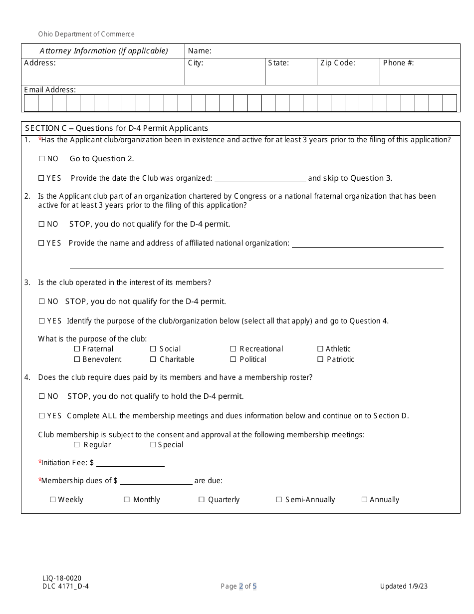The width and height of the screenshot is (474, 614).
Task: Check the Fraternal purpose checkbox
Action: tap(77, 349)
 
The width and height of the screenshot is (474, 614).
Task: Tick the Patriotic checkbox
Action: tap(320, 359)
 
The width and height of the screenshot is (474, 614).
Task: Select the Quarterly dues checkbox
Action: tap(202, 500)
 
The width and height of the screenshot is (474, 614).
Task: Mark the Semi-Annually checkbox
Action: tap(279, 500)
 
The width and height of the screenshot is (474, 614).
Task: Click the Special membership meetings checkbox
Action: tap(153, 445)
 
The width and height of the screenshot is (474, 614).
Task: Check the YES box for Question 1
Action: tap(41, 178)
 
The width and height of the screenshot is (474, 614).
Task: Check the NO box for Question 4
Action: tap(41, 396)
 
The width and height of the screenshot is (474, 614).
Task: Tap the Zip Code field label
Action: tap(338, 63)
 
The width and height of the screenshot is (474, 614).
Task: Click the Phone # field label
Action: tap(398, 63)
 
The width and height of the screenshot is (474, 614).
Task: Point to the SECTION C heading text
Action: tap(116, 128)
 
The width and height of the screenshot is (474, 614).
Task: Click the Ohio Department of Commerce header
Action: tap(86, 34)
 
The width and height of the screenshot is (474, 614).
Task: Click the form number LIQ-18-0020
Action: tap(62, 578)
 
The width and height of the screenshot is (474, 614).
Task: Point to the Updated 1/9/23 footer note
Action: tap(403, 586)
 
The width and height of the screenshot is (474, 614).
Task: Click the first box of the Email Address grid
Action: tap(31, 103)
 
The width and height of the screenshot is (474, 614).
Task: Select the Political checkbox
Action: tap(233, 359)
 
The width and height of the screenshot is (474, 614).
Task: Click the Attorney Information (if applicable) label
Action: tap(104, 51)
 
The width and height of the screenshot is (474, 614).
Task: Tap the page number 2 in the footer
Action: tap(241, 586)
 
